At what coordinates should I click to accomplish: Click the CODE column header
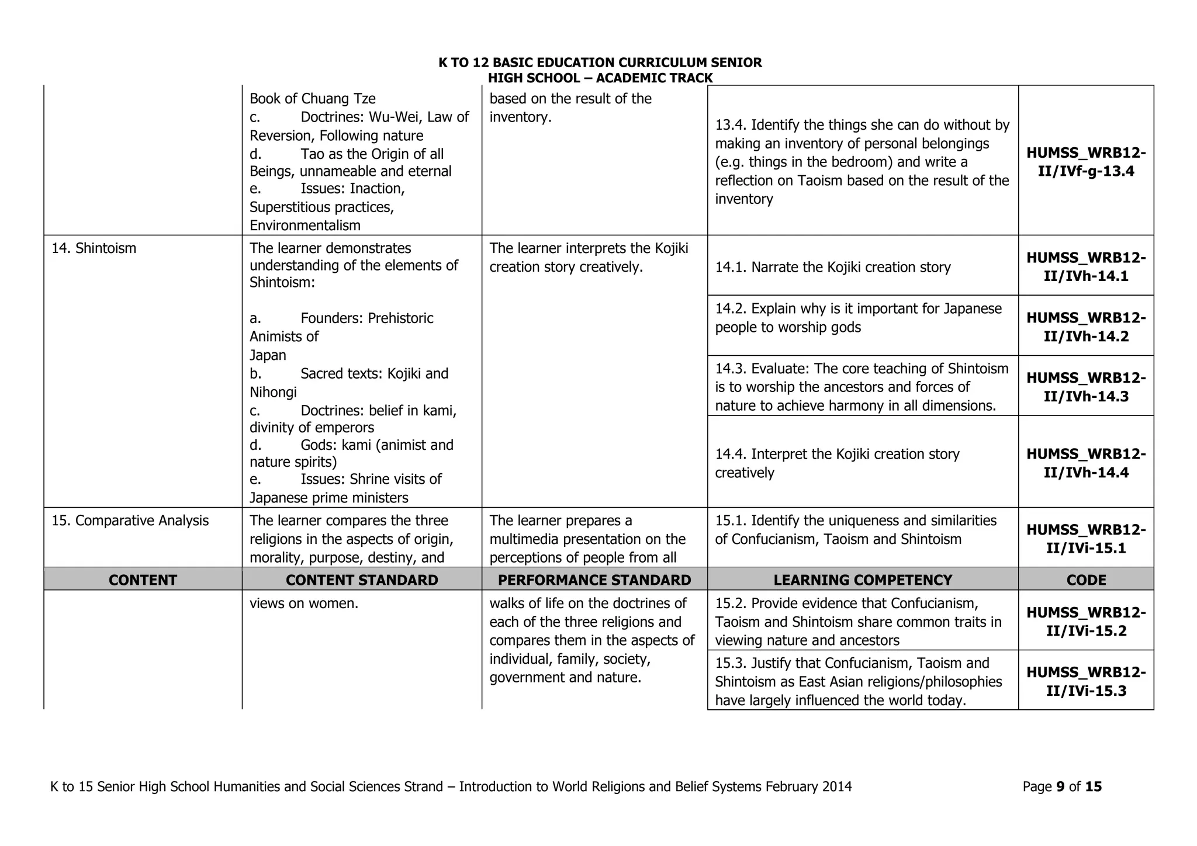(1086, 580)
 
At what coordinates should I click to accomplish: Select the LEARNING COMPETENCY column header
(863, 580)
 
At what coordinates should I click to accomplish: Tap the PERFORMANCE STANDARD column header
(594, 580)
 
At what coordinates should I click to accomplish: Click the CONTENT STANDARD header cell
(362, 580)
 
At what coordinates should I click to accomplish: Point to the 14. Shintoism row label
(94, 248)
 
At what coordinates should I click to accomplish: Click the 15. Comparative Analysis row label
(130, 521)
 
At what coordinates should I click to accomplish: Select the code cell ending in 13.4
(1086, 162)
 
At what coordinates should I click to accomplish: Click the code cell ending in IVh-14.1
(1086, 266)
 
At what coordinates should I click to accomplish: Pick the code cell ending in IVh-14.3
(1086, 387)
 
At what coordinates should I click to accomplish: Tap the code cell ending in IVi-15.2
(1086, 622)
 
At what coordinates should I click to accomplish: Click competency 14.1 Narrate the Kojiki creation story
(833, 267)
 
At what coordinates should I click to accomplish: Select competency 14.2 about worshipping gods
(858, 318)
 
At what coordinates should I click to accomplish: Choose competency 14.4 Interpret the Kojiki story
(837, 463)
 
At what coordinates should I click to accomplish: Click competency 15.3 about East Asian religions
(858, 681)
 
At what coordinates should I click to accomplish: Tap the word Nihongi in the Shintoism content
(273, 392)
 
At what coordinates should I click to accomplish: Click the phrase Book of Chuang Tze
(313, 99)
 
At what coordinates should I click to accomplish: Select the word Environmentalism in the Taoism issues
(305, 226)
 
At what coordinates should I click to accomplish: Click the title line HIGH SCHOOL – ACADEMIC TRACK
(600, 78)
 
